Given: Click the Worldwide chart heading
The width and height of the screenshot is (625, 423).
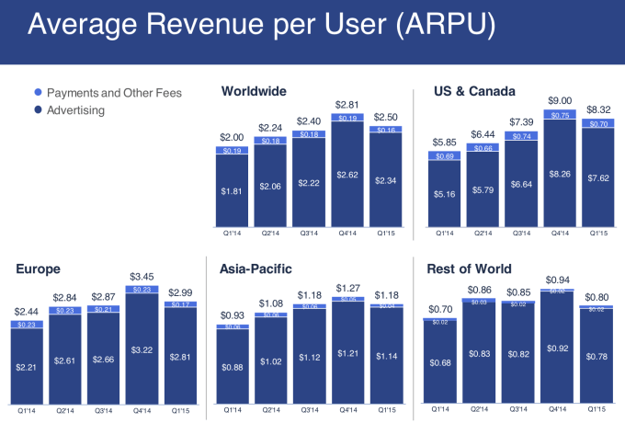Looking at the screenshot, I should coord(255,91).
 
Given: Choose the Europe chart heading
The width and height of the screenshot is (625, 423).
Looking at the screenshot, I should coord(40,269).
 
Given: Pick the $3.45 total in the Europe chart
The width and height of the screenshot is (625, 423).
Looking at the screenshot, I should coord(142,277).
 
